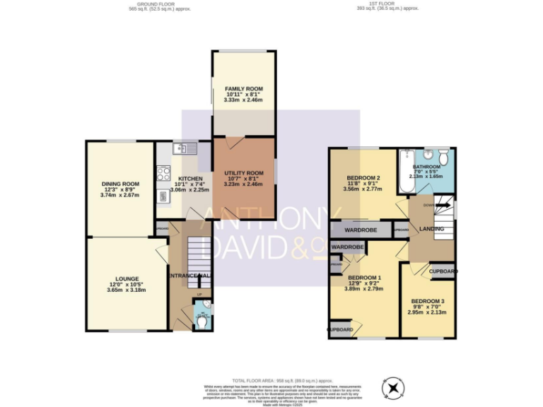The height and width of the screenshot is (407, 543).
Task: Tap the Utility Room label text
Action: (243, 173)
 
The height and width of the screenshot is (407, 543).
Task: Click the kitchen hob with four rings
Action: (163, 173)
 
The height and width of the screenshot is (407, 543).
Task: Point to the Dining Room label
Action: (119, 184)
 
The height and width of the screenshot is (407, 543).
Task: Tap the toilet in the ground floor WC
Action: (202, 320)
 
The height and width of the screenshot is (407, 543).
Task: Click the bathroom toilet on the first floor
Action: (443, 155)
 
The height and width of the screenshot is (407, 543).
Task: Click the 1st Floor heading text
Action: (388, 4)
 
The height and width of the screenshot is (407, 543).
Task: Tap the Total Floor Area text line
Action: (271, 380)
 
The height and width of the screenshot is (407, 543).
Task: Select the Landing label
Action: (432, 229)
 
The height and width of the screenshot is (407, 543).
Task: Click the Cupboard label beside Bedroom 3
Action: (443, 271)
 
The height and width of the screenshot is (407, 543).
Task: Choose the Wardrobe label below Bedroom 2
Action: (359, 230)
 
